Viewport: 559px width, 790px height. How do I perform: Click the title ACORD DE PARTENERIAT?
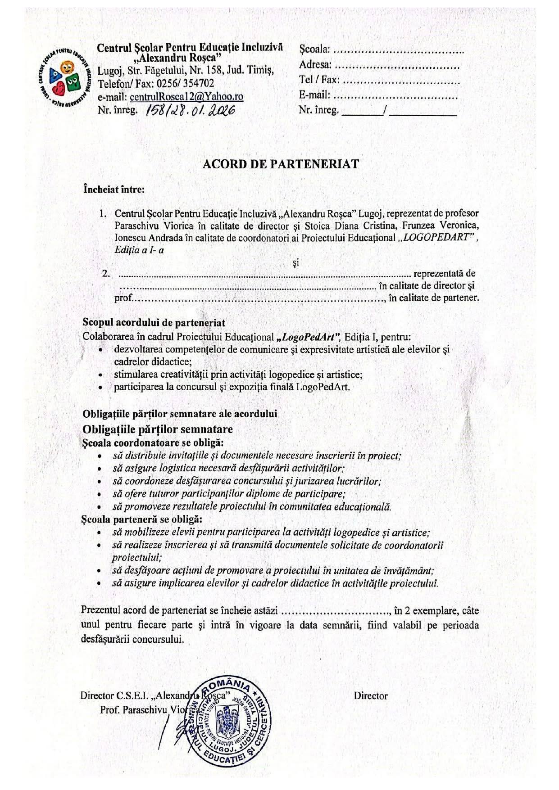pyautogui.click(x=281, y=164)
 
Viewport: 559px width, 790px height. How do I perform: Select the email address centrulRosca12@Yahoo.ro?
pyautogui.click(x=186, y=97)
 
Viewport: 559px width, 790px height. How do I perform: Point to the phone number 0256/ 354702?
pyautogui.click(x=186, y=84)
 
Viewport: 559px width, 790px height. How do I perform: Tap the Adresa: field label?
pyautogui.click(x=315, y=66)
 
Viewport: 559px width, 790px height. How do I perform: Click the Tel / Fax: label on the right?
pyautogui.click(x=319, y=80)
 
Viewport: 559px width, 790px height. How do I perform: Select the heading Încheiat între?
pyautogui.click(x=114, y=190)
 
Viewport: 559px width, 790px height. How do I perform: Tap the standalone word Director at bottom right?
pyautogui.click(x=370, y=695)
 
